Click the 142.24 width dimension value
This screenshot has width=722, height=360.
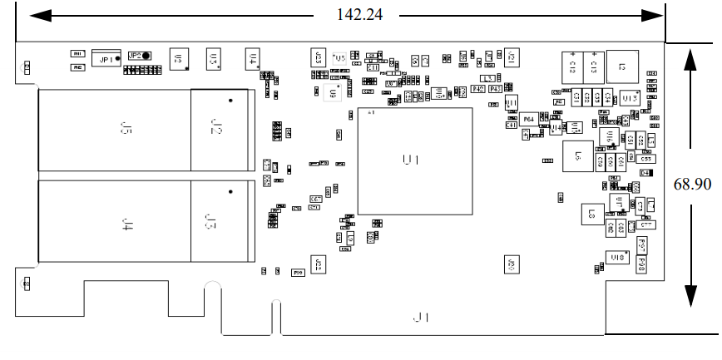click(x=359, y=15)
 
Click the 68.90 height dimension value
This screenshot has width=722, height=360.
click(x=692, y=184)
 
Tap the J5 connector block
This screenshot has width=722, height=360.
click(x=126, y=130)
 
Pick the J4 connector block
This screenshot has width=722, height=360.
click(x=126, y=222)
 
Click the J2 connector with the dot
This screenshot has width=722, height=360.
click(x=218, y=128)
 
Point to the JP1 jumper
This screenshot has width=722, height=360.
click(x=106, y=58)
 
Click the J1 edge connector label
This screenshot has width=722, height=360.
click(x=422, y=318)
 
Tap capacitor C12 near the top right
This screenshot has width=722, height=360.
click(x=572, y=65)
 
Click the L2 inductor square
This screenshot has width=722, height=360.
click(x=621, y=65)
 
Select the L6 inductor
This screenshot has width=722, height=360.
click(x=578, y=155)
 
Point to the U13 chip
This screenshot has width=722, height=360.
click(x=629, y=99)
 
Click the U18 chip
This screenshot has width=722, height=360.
click(x=617, y=258)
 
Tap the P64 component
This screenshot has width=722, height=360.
click(x=528, y=120)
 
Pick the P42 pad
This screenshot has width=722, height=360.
click(x=478, y=88)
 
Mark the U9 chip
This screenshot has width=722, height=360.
click(x=334, y=94)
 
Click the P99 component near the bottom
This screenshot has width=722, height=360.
click(x=298, y=272)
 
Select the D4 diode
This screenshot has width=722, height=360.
click(x=645, y=172)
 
